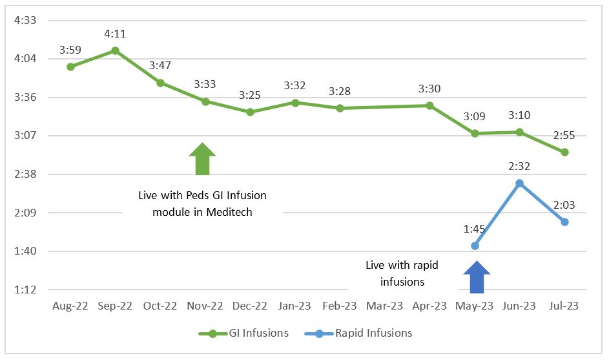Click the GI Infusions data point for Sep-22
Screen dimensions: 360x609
[x=115, y=50]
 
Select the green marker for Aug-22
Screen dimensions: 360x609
[x=70, y=67]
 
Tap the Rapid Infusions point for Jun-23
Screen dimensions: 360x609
[x=519, y=184]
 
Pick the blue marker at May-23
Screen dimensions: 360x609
[x=475, y=246]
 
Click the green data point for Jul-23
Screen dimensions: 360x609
[x=564, y=153]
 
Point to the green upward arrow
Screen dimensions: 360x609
[x=203, y=159]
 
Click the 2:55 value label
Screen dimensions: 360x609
[x=564, y=135]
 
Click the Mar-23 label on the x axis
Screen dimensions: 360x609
[x=385, y=306]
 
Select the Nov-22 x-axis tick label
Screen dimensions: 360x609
[x=205, y=306]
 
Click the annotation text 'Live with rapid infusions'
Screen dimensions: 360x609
[x=395, y=273]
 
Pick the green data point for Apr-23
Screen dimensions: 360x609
[x=429, y=105]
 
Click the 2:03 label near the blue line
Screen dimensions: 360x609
[x=564, y=206]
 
